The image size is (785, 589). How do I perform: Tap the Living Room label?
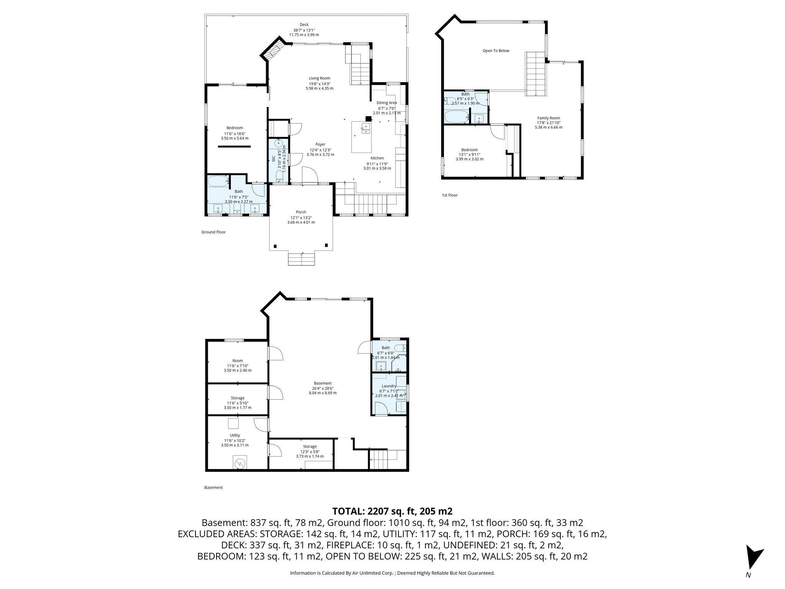[319, 78]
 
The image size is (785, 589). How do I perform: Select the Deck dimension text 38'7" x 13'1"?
[304, 30]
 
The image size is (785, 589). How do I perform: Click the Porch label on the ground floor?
[301, 212]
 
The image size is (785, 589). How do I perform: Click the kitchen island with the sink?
[362, 137]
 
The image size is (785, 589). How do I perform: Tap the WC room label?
[274, 158]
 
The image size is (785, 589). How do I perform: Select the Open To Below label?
[496, 51]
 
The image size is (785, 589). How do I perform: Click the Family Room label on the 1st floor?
[549, 118]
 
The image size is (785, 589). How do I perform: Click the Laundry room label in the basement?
[389, 386]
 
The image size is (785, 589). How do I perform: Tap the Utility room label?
[235, 435]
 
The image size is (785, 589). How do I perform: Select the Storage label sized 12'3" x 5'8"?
[310, 446]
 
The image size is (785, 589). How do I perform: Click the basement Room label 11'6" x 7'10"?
[237, 360]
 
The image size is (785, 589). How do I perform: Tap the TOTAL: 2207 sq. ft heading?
[392, 511]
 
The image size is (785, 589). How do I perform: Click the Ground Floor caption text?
[213, 232]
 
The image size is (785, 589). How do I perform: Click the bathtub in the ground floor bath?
[218, 181]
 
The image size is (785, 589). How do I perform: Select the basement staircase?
[381, 459]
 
